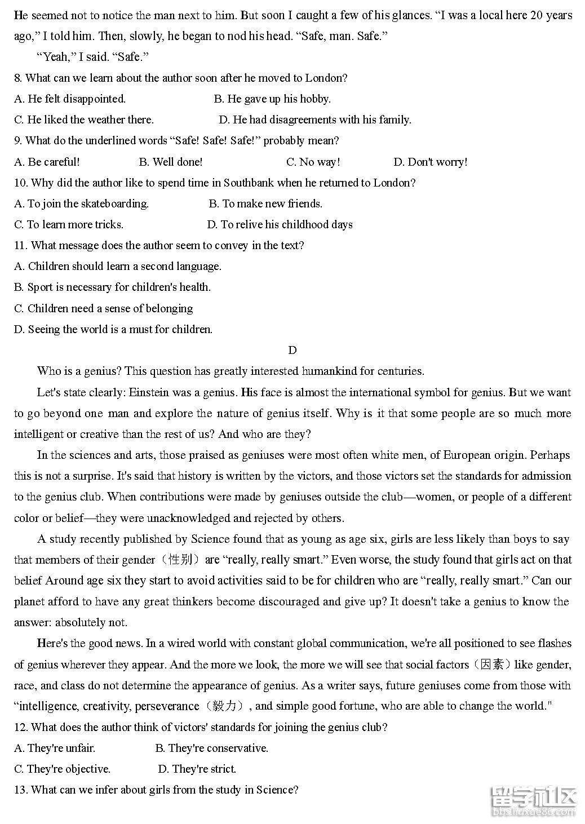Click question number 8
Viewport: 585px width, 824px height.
tap(18, 78)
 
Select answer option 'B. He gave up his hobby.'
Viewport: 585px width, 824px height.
tap(272, 99)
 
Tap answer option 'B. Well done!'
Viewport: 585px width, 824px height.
tap(170, 162)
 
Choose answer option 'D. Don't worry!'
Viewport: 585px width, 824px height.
tap(430, 162)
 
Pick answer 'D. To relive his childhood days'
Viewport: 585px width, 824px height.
tap(280, 224)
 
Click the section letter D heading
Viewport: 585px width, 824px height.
tap(292, 350)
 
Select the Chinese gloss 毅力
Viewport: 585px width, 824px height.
tap(225, 706)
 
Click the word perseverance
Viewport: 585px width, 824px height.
tap(166, 706)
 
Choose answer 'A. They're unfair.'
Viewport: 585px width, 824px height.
tap(55, 748)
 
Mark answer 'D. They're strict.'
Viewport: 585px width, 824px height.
tap(197, 769)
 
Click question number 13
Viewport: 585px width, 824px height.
tap(20, 790)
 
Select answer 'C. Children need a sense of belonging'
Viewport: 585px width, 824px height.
tap(103, 308)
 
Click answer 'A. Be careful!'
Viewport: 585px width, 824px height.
tap(47, 162)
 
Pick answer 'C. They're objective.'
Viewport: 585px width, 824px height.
tap(62, 769)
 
